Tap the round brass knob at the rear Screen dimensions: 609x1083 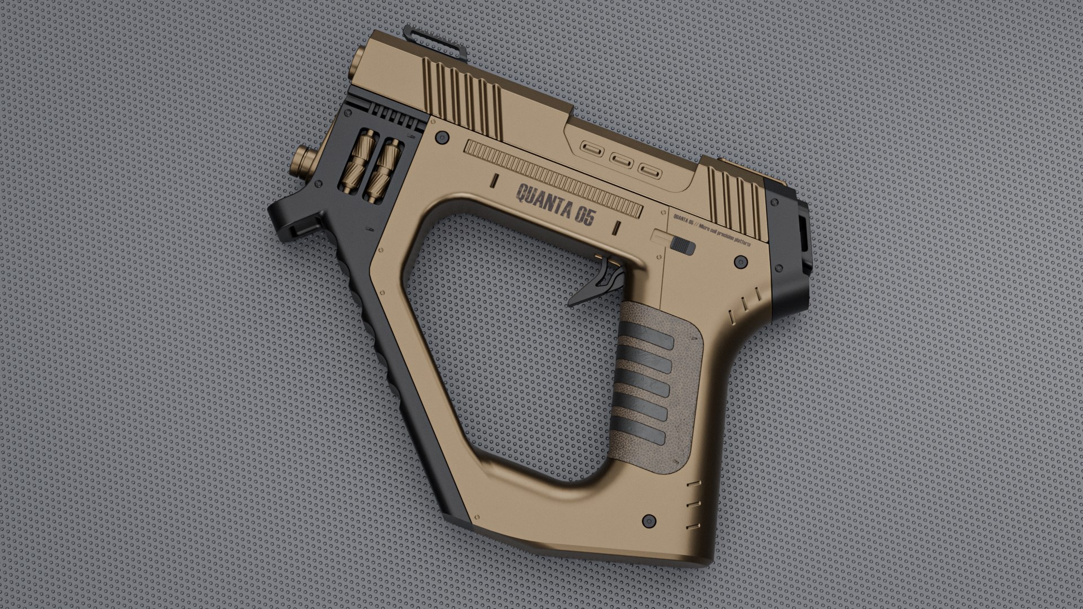(305, 160)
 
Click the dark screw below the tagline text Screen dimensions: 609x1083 (739, 261)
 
